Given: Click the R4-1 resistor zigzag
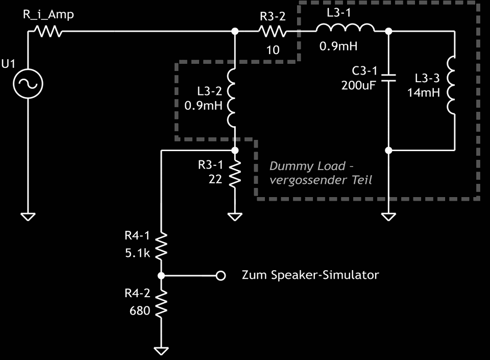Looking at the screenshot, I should click(161, 246).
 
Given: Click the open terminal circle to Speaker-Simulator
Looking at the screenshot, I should click(220, 276).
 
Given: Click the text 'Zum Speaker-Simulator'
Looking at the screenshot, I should click(310, 275).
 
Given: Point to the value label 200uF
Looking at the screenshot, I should click(358, 85).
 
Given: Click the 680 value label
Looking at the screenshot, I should click(140, 310).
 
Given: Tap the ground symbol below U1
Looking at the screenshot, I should click(29, 217).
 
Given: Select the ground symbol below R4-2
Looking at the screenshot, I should click(161, 351).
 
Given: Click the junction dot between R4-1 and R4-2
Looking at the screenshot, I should click(161, 276).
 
